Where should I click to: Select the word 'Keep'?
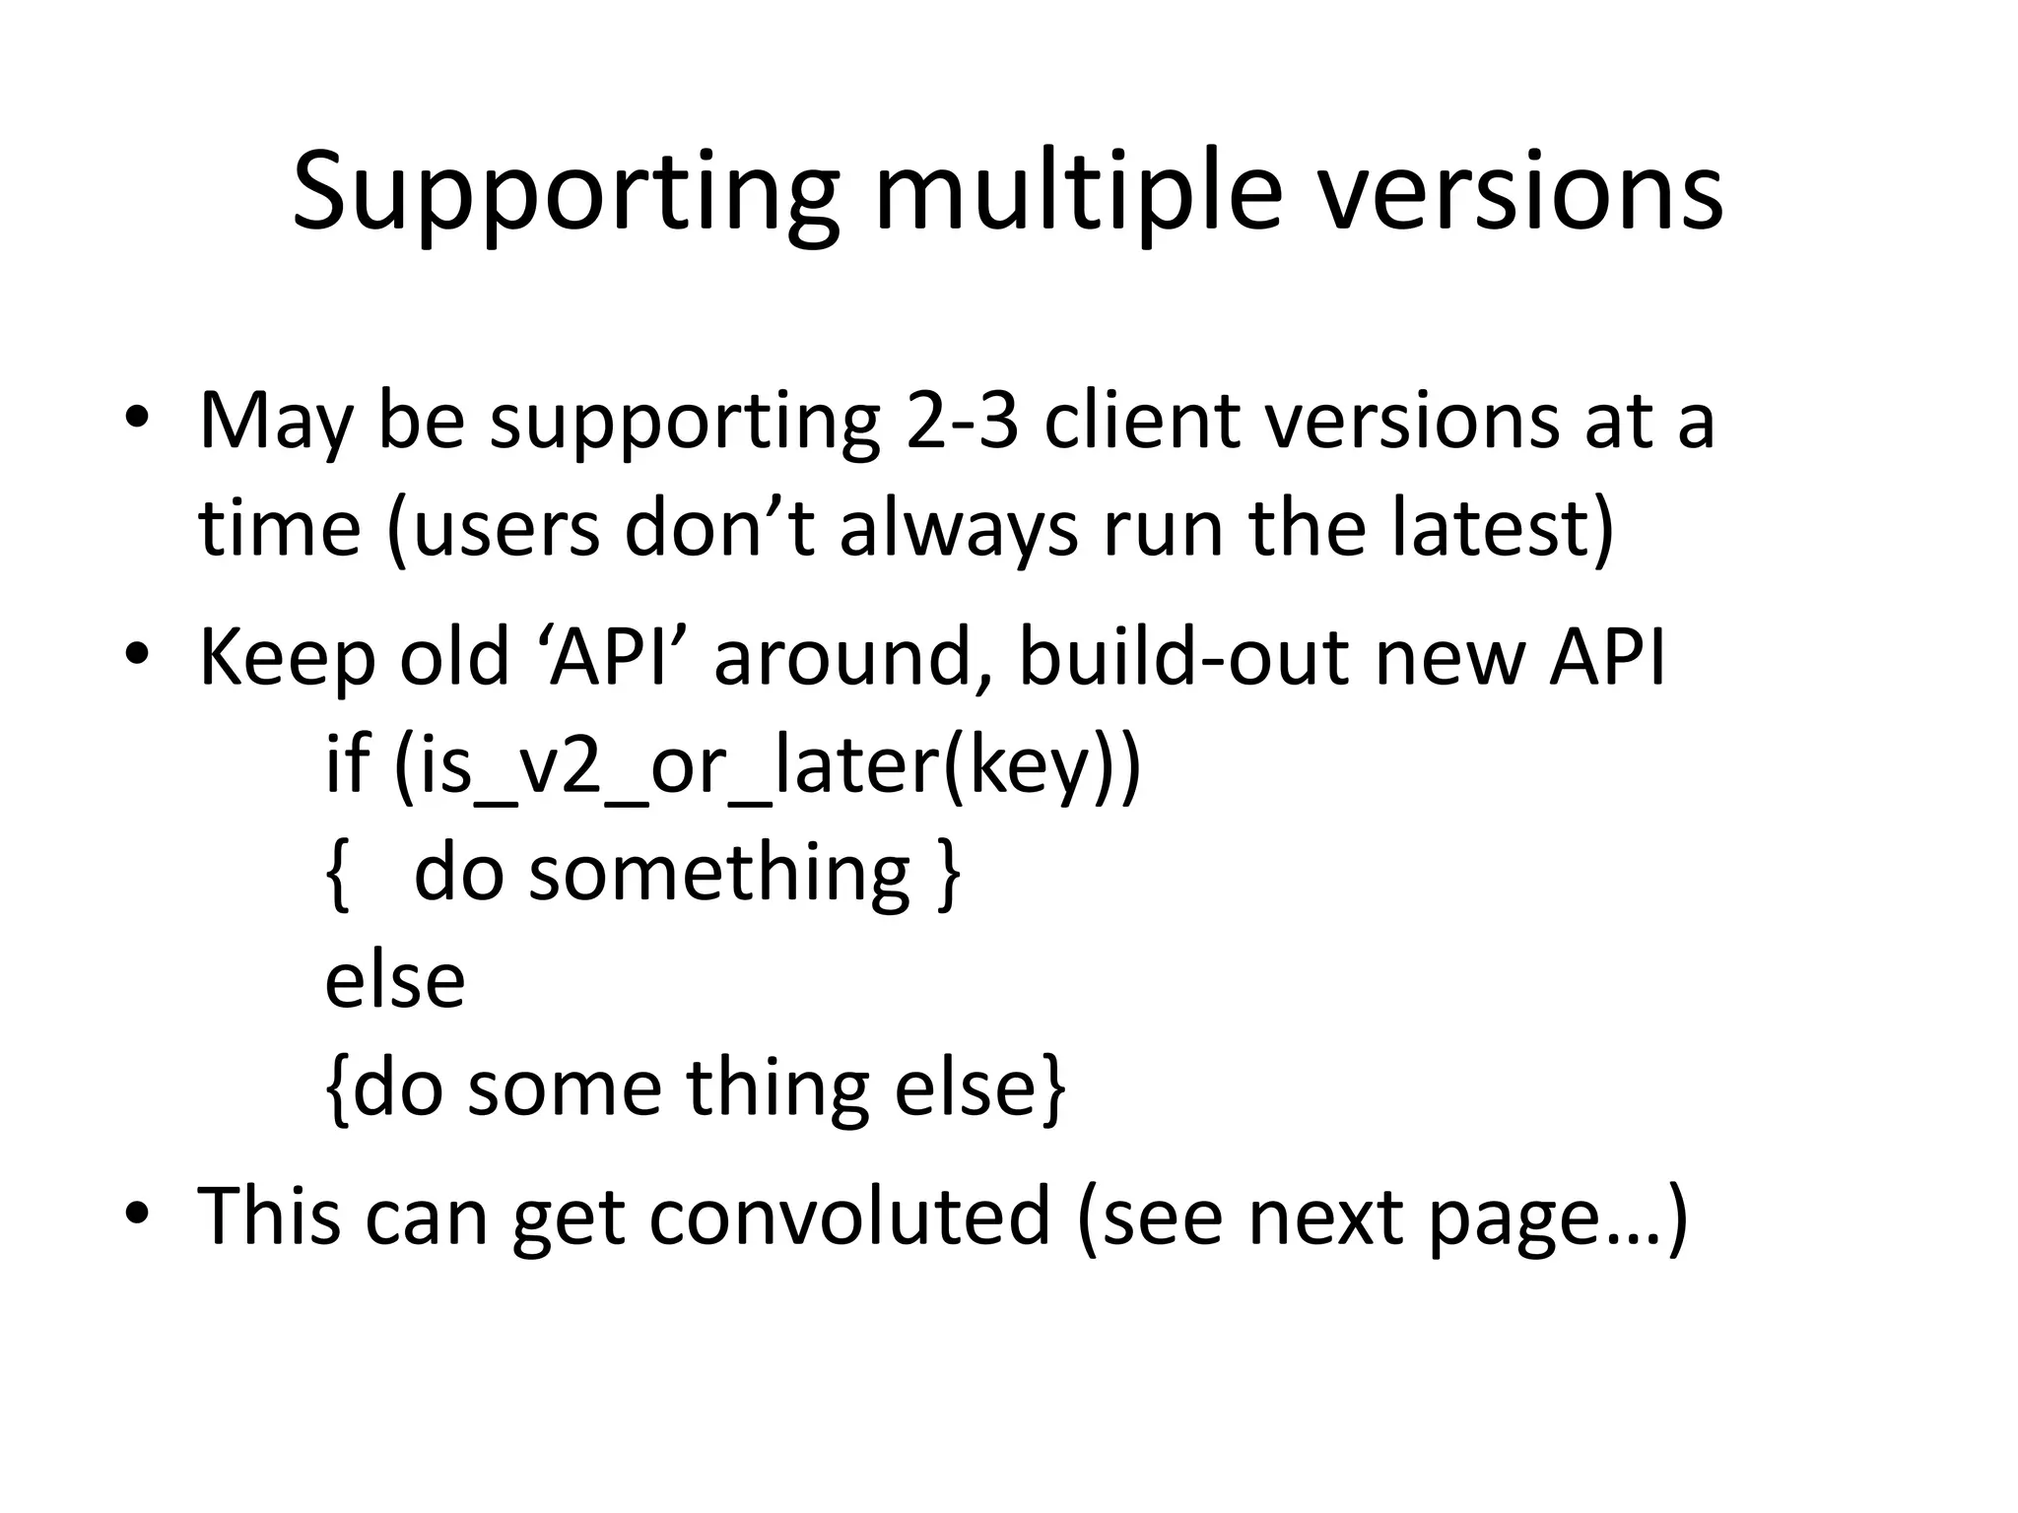[287, 658]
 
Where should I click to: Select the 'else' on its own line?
[394, 981]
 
